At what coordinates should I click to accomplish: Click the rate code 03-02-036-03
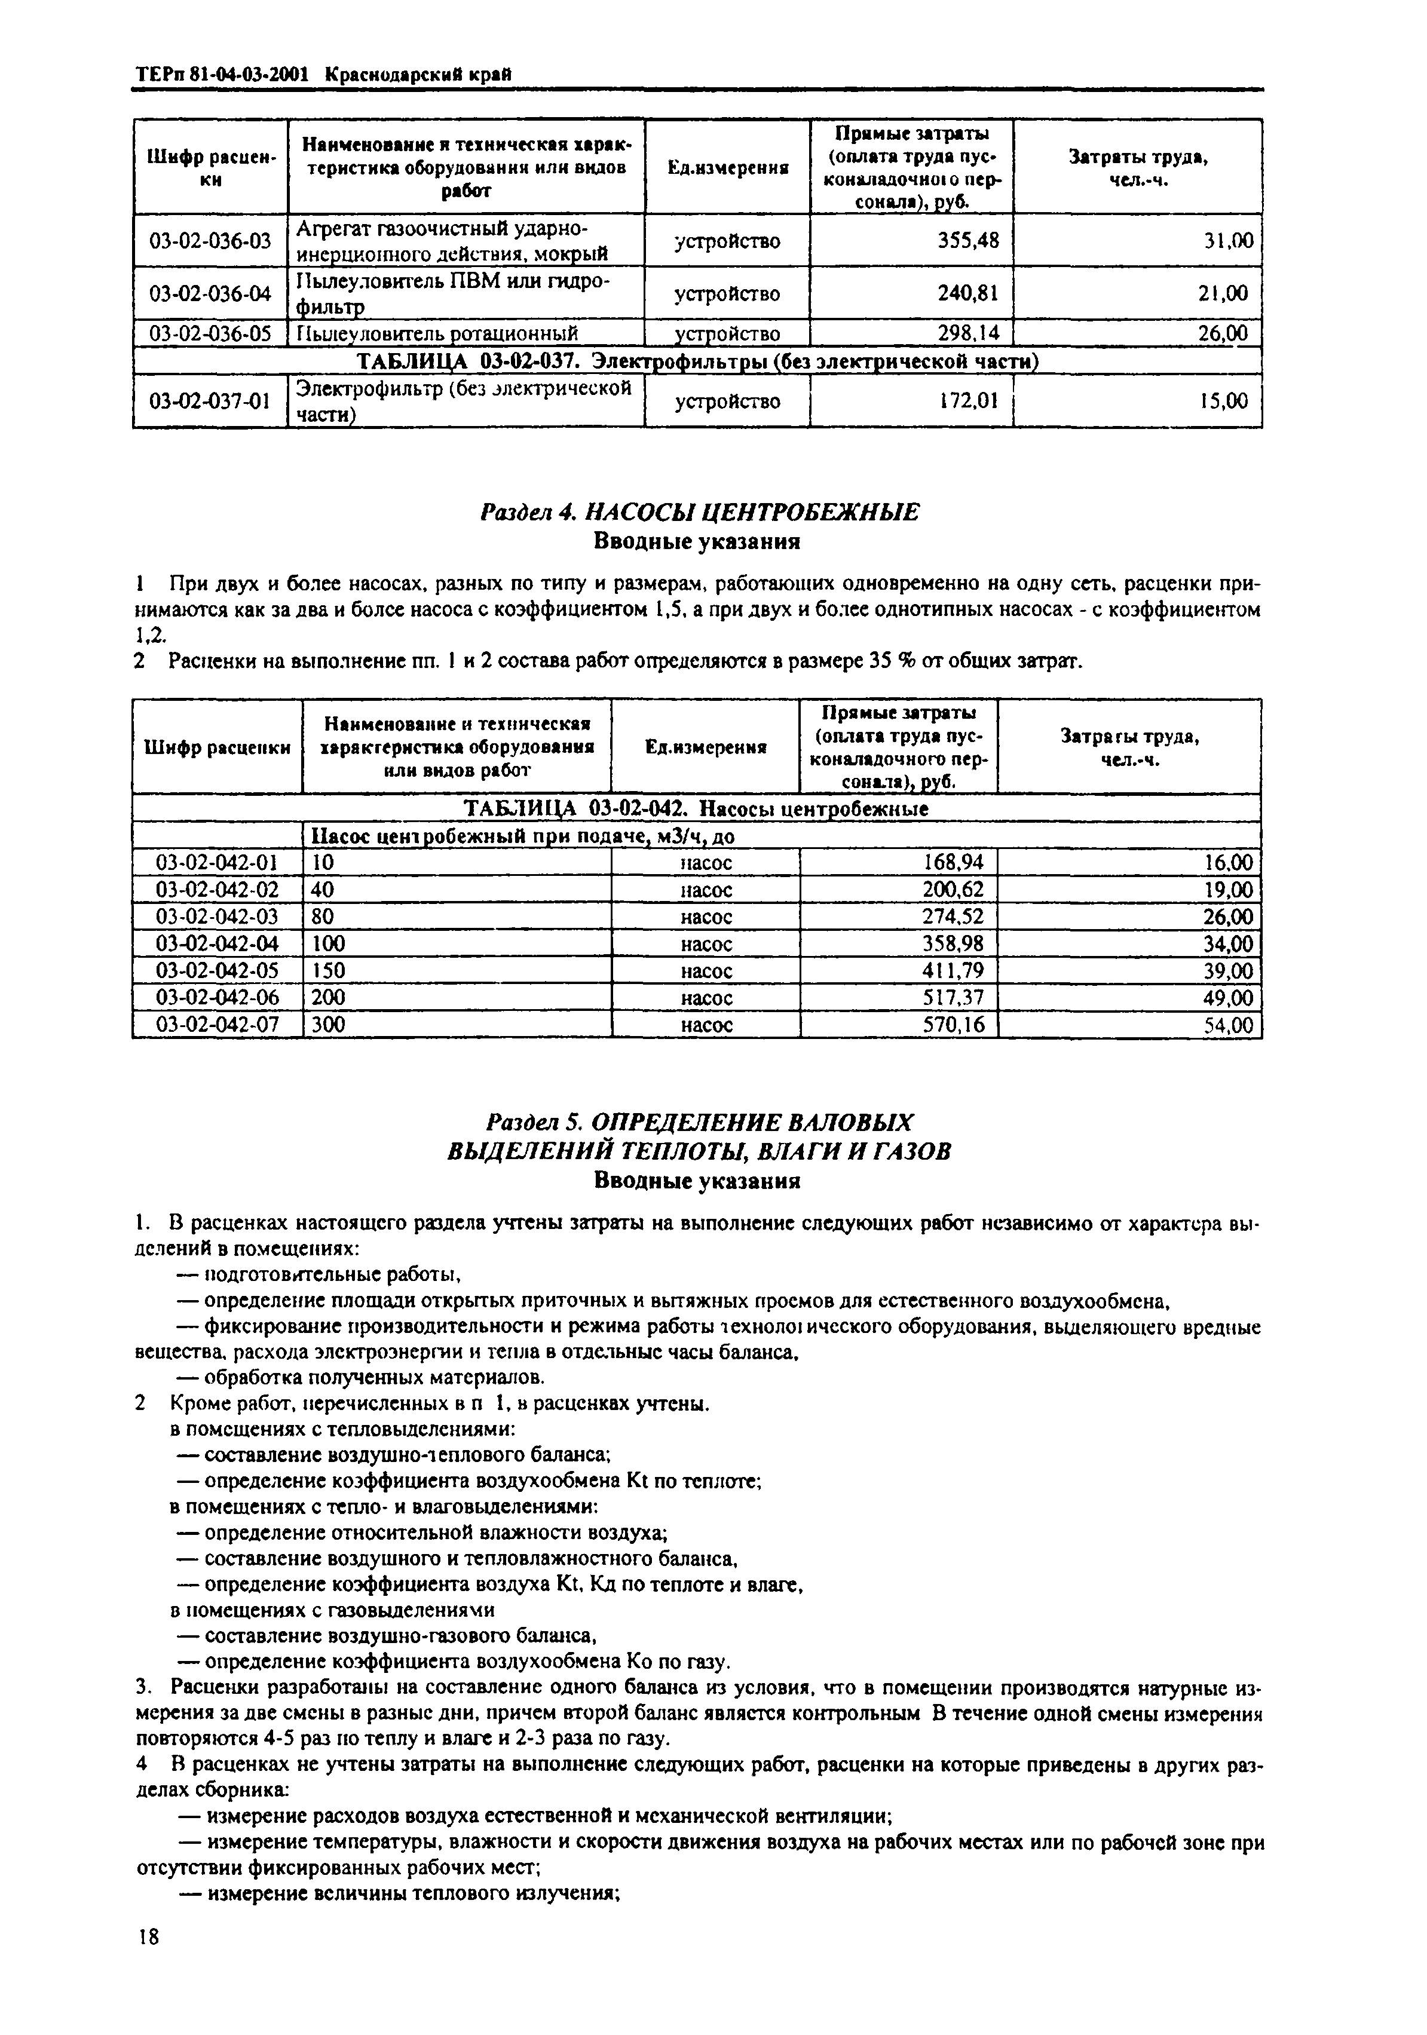(210, 241)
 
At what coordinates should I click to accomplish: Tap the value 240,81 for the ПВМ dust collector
(969, 293)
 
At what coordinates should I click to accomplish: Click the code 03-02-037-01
(210, 402)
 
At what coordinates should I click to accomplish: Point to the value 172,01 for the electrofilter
(969, 402)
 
